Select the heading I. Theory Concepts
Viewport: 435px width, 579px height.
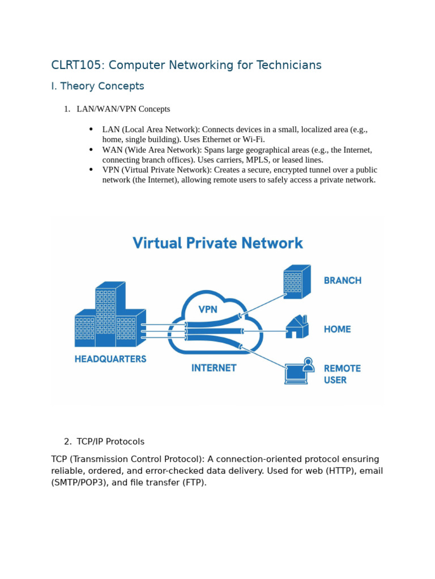pos(97,86)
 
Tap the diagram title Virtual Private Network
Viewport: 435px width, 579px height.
pos(217,243)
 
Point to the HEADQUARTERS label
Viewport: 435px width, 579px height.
pos(110,359)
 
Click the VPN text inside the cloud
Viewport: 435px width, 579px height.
pos(207,310)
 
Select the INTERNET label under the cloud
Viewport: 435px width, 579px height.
pos(214,368)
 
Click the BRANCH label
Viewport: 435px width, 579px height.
pos(342,280)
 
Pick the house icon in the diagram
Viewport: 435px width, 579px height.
pos(296,327)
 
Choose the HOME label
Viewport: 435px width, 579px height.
pos(337,329)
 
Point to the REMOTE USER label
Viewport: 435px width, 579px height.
pos(342,374)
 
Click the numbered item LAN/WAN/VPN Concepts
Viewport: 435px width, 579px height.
pos(123,109)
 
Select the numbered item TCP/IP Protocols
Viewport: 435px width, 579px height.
pos(110,442)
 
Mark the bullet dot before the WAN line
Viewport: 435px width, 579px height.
pos(91,150)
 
